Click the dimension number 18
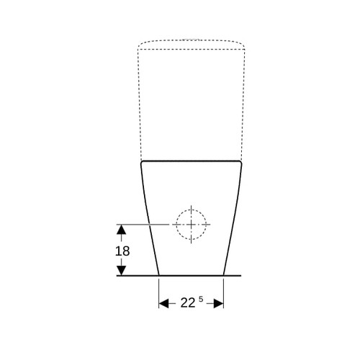(122, 251)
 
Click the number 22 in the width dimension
(188, 303)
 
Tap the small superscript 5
(201, 299)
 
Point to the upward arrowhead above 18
(122, 230)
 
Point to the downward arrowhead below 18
(122, 271)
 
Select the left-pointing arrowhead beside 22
(163, 304)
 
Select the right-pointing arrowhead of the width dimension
(218, 304)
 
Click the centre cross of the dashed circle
(192, 225)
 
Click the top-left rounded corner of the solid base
(142, 162)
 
